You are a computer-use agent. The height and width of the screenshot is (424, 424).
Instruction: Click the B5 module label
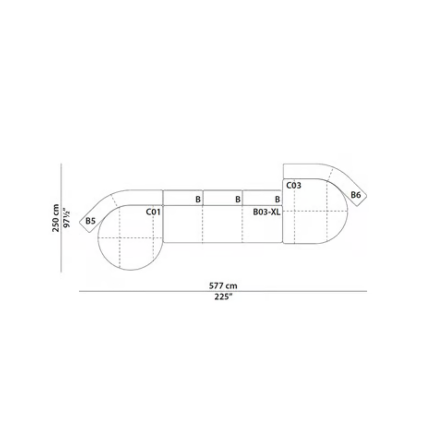90,221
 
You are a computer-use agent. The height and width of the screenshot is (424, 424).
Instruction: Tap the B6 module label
356,195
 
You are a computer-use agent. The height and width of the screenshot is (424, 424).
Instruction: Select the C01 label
153,212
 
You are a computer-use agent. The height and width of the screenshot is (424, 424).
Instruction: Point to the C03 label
294,186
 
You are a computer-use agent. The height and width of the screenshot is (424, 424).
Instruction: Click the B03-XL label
267,212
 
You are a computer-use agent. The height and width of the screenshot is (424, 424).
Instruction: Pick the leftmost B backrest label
198,199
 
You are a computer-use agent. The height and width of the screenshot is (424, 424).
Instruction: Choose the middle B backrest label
238,199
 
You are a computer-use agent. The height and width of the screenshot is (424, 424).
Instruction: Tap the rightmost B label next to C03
278,199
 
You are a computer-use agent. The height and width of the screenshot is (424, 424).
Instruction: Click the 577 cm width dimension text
223,286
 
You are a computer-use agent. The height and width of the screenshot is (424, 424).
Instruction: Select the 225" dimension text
223,297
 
